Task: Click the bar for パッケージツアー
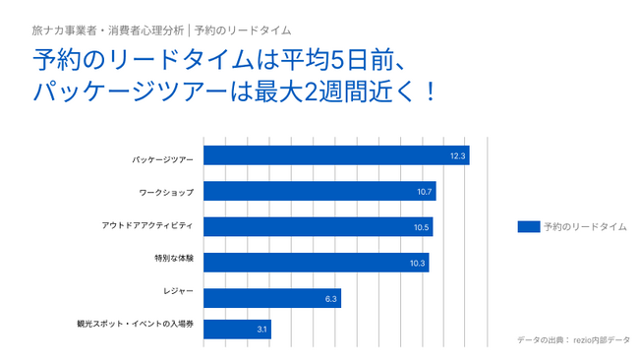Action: (x=335, y=155)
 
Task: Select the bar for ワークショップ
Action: (x=319, y=191)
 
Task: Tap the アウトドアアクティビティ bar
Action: (x=317, y=226)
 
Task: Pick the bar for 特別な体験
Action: (x=316, y=262)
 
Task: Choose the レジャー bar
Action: (x=271, y=297)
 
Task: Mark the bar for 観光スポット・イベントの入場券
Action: (x=236, y=330)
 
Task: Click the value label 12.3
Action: (x=458, y=156)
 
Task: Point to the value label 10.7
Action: (x=425, y=192)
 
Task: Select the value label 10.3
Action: (x=418, y=263)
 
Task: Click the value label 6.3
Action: (x=331, y=298)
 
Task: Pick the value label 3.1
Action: (x=262, y=330)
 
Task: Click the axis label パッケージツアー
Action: (x=164, y=156)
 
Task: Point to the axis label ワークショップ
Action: (x=167, y=192)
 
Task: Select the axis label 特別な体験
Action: (x=174, y=259)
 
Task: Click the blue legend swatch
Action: (x=528, y=226)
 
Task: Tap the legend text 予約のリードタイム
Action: (x=585, y=226)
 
